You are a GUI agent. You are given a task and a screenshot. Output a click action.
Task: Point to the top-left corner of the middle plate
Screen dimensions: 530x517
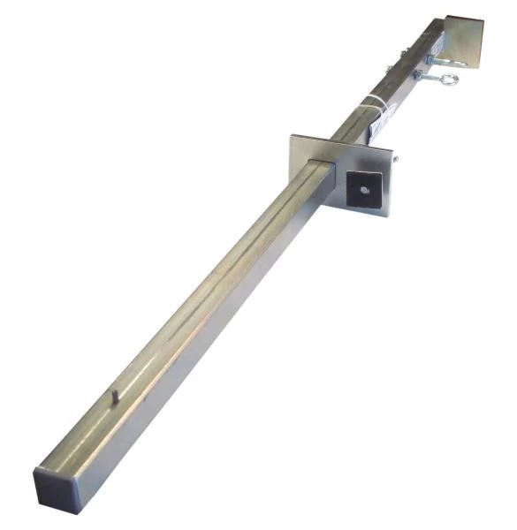pyautogui.click(x=291, y=135)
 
